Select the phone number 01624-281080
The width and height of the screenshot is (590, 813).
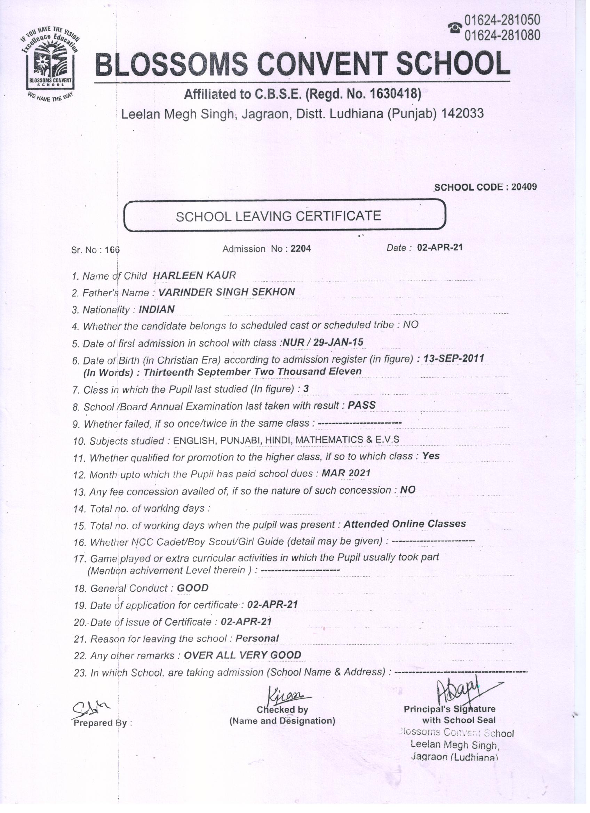pyautogui.click(x=502, y=35)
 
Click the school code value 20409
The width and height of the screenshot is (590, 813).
pyautogui.click(x=524, y=187)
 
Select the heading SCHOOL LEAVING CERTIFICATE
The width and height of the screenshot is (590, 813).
pyautogui.click(x=278, y=216)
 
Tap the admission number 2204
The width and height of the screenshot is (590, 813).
pyautogui.click(x=301, y=249)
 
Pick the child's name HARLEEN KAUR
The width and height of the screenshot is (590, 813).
pyautogui.click(x=194, y=275)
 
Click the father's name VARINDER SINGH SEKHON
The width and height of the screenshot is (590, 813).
pyautogui.click(x=227, y=292)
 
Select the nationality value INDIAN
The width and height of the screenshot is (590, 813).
pyautogui.click(x=157, y=309)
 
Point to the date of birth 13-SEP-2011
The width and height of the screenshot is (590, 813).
pyautogui.click(x=454, y=358)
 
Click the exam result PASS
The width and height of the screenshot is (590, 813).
pyautogui.click(x=361, y=405)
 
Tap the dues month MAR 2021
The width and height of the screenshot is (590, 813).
pyautogui.click(x=346, y=473)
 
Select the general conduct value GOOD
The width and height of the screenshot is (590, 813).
pyautogui.click(x=193, y=588)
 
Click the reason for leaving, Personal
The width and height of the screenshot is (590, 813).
pyautogui.click(x=257, y=638)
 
